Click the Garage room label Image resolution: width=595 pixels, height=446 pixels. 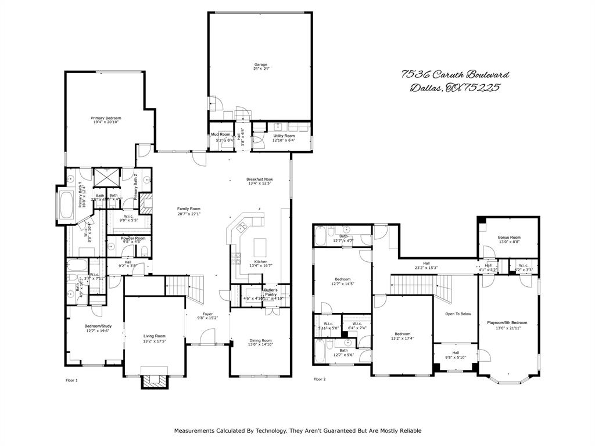(260, 64)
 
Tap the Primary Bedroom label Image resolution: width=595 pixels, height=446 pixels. (106, 118)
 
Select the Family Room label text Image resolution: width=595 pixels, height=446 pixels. (189, 208)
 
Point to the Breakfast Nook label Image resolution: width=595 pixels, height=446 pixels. (259, 179)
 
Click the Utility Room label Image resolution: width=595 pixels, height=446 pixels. (284, 136)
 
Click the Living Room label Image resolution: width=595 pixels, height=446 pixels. (155, 336)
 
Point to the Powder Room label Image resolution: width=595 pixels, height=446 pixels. (133, 238)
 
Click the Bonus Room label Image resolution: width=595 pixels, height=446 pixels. (509, 237)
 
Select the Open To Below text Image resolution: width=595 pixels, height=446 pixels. (458, 314)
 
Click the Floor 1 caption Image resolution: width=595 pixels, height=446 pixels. (71, 380)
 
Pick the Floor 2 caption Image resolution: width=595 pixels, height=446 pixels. (320, 379)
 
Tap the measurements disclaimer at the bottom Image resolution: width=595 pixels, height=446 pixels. (297, 431)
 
